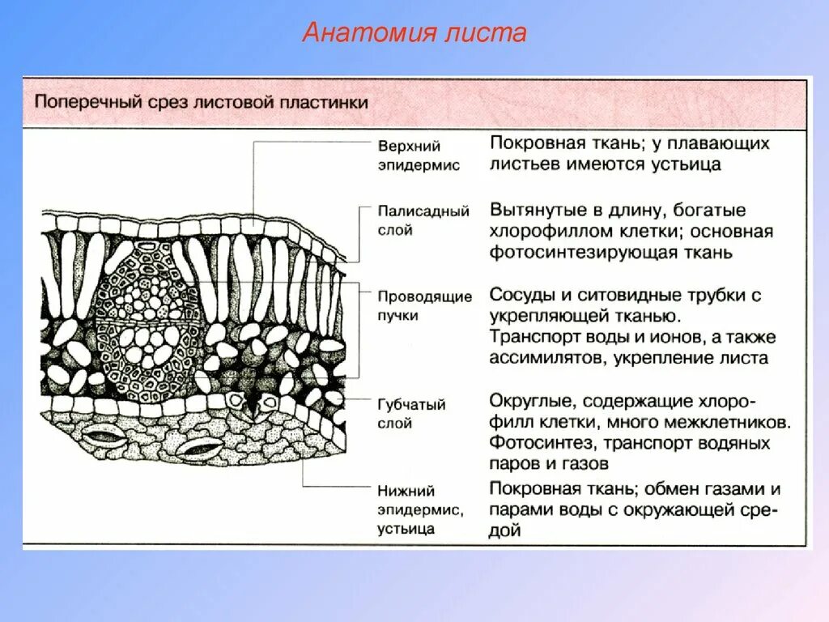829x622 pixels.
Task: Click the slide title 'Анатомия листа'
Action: pos(414,33)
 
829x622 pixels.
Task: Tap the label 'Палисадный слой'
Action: pos(423,220)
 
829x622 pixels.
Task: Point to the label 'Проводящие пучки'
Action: pos(423,305)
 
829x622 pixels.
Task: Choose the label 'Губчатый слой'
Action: pos(410,413)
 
